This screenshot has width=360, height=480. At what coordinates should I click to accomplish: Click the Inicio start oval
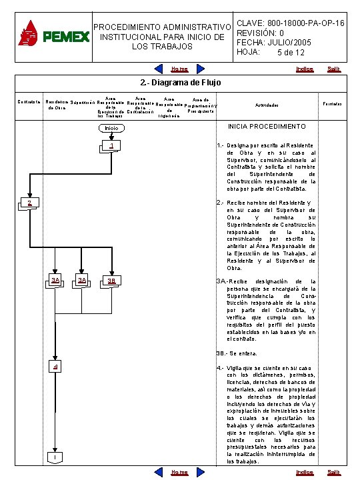click(x=111, y=128)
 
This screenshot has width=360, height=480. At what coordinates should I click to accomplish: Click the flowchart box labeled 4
click(x=56, y=367)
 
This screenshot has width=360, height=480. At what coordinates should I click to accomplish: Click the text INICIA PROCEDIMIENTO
click(x=267, y=126)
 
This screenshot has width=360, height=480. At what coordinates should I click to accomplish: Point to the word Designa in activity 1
click(x=238, y=145)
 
